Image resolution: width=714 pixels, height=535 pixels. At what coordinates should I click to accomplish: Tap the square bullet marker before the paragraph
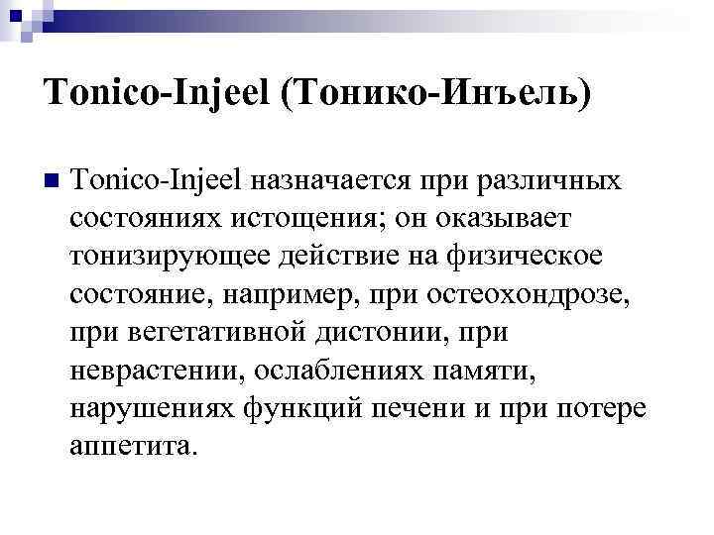tap(52, 181)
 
